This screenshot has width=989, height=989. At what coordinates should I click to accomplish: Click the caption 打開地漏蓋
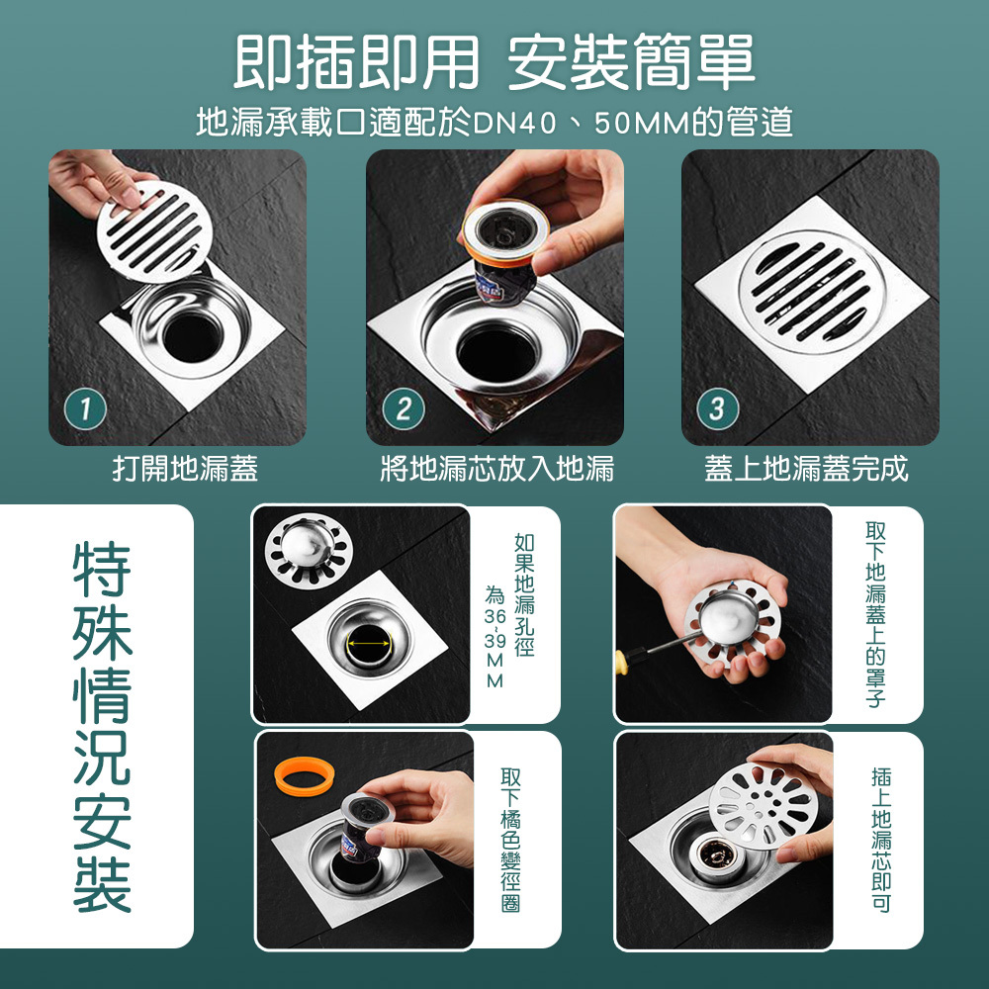[186, 469]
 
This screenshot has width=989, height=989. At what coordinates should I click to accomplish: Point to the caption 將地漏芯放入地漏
[497, 469]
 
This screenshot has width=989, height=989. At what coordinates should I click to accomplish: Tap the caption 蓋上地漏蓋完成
[806, 469]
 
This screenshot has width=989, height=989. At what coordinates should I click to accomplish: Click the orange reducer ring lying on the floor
[305, 775]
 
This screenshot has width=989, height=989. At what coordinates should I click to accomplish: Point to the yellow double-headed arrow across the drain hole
[369, 643]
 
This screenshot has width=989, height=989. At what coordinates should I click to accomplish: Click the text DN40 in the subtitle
[513, 123]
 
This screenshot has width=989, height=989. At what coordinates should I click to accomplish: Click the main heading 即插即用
[356, 61]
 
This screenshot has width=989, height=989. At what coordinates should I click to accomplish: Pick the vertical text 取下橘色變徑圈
[510, 840]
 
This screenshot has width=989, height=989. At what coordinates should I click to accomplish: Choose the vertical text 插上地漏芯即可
[881, 840]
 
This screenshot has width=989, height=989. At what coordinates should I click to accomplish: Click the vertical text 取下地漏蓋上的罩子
[875, 614]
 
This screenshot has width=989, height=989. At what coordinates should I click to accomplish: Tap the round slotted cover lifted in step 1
[152, 231]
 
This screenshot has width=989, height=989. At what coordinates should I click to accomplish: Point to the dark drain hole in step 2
[495, 351]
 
